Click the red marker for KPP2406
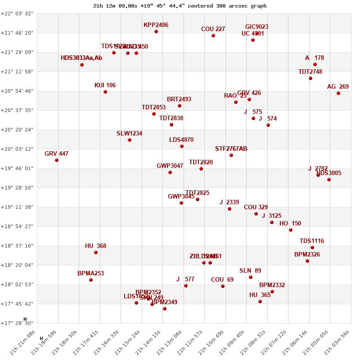pyautogui.click(x=156, y=31)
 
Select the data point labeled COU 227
pyautogui.click(x=213, y=36)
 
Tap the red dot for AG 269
pyautogui.click(x=338, y=93)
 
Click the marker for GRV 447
pyautogui.click(x=57, y=160)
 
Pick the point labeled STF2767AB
pyautogui.click(x=231, y=155)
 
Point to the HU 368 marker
pyautogui.click(x=96, y=252)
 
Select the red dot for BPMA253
pyautogui.click(x=91, y=280)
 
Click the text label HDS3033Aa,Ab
pyautogui.click(x=81, y=58)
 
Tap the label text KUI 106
pyautogui.click(x=105, y=85)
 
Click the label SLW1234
pyautogui.click(x=129, y=134)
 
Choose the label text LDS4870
pyautogui.click(x=181, y=140)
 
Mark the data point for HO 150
pyautogui.click(x=291, y=230)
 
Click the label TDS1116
pyautogui.click(x=312, y=241)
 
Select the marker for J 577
pyautogui.click(x=186, y=286)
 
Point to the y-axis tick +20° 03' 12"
pyautogui.click(x=17, y=149)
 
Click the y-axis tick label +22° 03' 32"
pyautogui.click(x=17, y=13)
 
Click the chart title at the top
pyautogui.click(x=180, y=6)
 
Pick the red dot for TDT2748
pyautogui.click(x=310, y=78)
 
